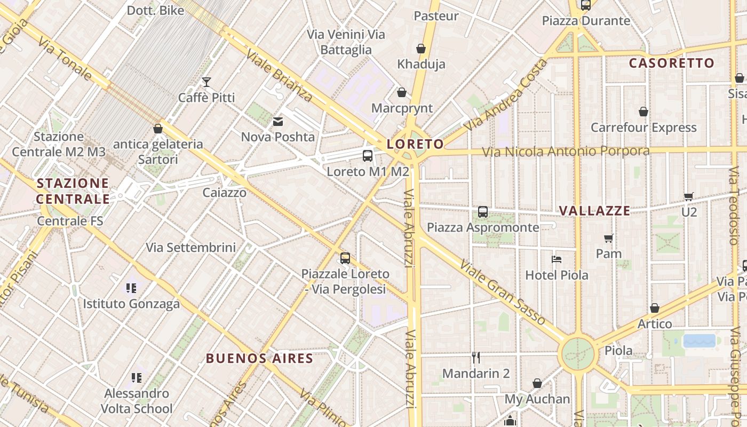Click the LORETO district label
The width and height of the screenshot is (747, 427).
coord(415,144)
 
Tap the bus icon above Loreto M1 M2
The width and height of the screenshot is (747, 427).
coord(368,156)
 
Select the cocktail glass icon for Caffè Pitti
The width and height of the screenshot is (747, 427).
coord(206,82)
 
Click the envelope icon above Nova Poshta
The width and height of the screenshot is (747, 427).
coord(278,122)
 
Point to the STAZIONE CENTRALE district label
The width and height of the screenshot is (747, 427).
coord(73,191)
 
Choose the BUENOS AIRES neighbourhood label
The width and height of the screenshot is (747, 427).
coord(259,358)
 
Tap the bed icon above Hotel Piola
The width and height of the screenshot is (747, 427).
coord(557,260)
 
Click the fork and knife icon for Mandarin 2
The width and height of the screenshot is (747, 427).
coord(476,358)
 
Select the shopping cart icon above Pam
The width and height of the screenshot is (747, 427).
coord(609,238)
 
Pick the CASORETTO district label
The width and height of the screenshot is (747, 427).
coord(671,63)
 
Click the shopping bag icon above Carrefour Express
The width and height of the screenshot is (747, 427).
coord(643,112)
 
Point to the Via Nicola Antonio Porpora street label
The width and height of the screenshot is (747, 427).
coord(566,152)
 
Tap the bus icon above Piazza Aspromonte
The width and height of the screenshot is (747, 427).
coord(483,212)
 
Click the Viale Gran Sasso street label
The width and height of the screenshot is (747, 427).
coord(502,292)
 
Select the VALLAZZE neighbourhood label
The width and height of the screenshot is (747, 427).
coord(594,211)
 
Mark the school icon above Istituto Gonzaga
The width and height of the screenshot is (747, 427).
coord(131,288)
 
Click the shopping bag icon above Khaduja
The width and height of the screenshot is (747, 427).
coord(421,49)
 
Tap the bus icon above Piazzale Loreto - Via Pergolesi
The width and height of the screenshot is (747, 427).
coord(345,258)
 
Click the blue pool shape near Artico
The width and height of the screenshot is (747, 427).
coord(699,341)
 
